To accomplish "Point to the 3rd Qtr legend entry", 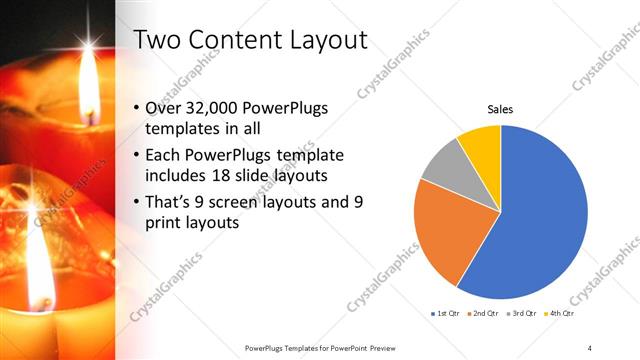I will [524, 313].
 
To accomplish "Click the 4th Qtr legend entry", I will [561, 313].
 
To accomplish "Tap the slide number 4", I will [590, 347].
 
